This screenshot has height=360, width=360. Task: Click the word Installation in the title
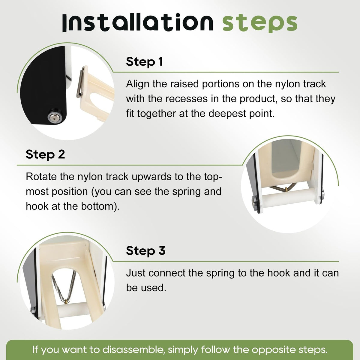tap(138, 22)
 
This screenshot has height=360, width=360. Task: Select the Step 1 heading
tap(144, 62)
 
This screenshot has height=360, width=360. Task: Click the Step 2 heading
tap(45, 154)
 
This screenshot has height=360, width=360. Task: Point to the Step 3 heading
tap(146, 251)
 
